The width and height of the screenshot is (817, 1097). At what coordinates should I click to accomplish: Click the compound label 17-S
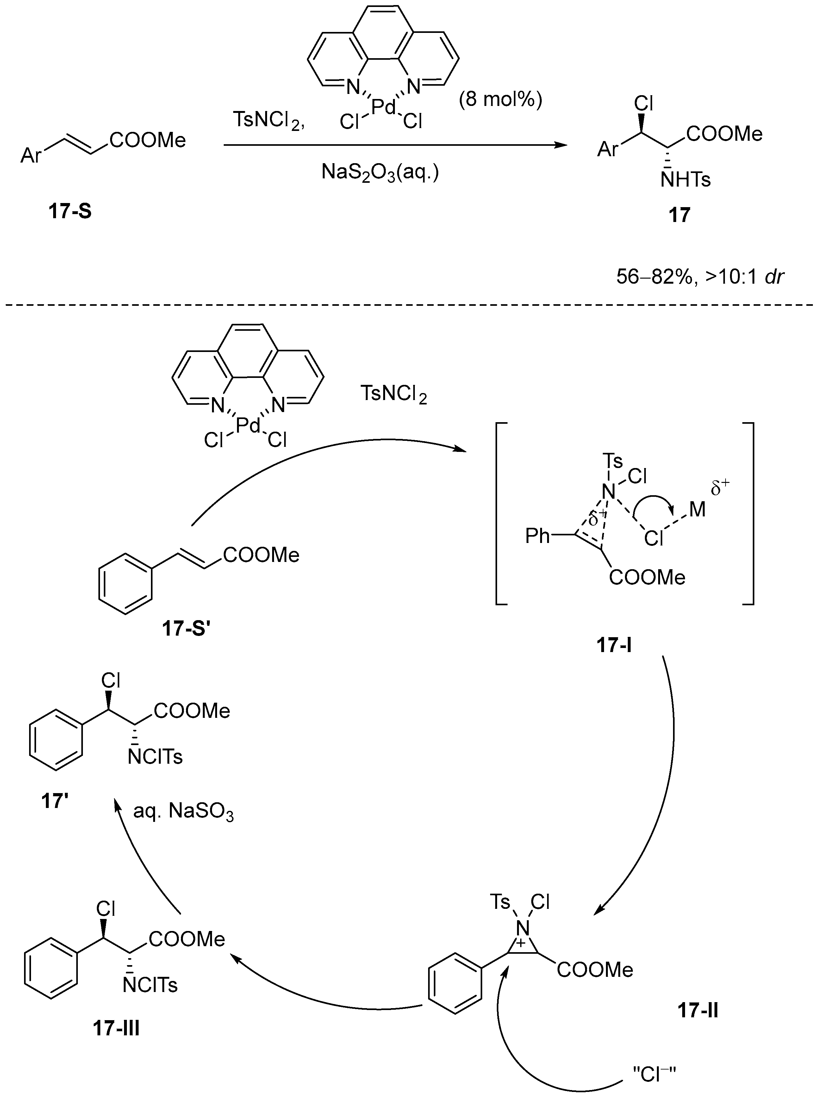[x=70, y=212]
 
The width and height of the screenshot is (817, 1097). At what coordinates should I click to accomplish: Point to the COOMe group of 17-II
[x=595, y=970]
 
